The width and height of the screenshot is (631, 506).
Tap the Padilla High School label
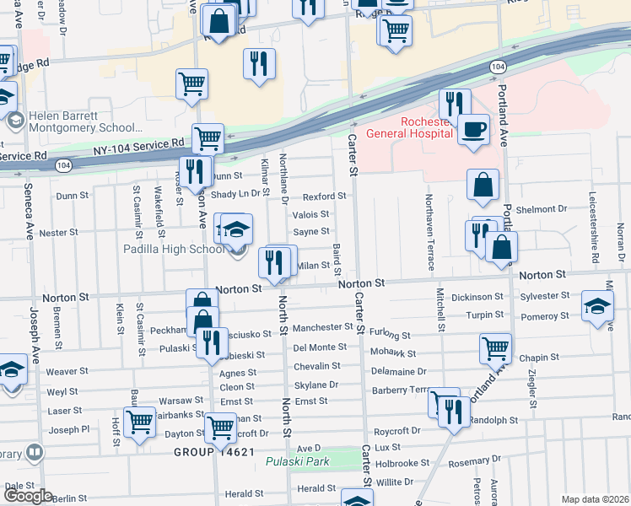184,250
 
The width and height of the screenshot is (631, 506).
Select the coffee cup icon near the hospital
473,130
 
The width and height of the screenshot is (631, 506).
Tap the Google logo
28,496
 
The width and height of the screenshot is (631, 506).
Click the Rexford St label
325,196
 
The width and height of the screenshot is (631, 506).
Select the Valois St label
310,214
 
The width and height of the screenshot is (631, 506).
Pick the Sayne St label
310,232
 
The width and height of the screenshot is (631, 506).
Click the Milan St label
312,265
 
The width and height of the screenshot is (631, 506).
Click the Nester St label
58,232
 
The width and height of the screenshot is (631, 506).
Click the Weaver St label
67,371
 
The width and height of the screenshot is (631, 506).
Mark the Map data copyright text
596,499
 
